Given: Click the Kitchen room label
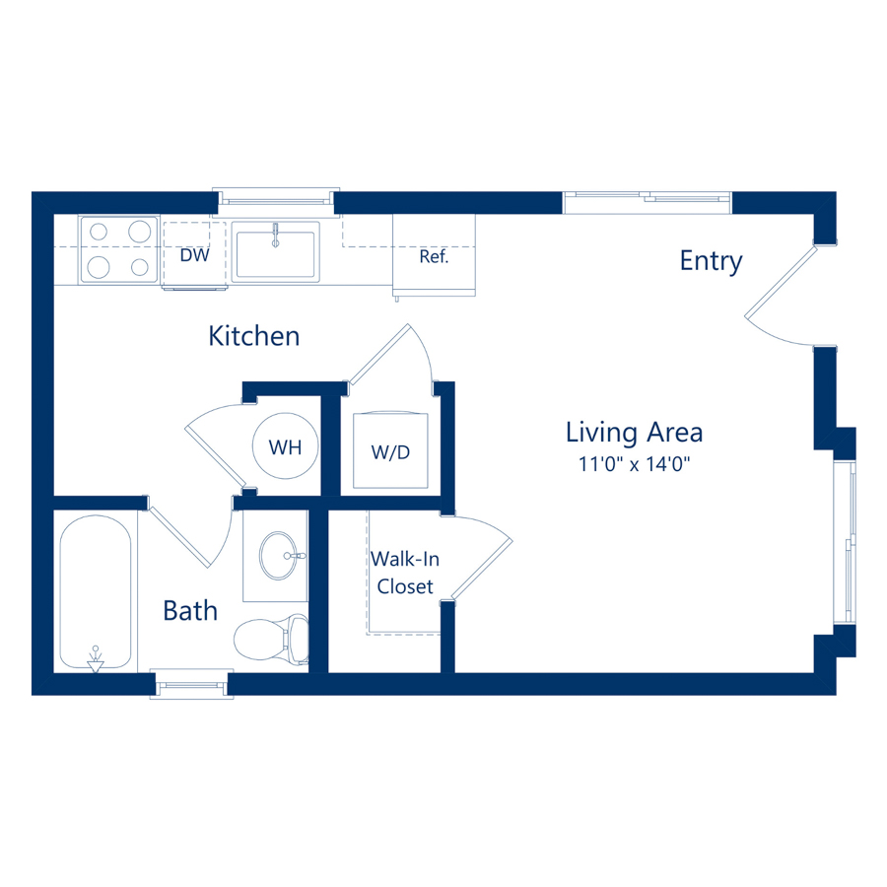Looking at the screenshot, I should click(x=253, y=336).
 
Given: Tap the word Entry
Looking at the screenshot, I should click(x=711, y=261).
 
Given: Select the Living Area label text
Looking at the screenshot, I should click(x=634, y=432).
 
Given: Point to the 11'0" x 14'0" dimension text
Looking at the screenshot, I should click(x=634, y=464).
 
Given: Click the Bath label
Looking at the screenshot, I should click(x=190, y=611).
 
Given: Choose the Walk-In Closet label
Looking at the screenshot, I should click(x=405, y=573).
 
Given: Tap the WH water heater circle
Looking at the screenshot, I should click(x=286, y=446).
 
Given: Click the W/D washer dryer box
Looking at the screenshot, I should click(x=389, y=451).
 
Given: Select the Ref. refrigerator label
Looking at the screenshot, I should click(x=434, y=257).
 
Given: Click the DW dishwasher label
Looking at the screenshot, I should click(x=195, y=255).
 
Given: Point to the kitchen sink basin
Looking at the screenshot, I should click(x=276, y=250).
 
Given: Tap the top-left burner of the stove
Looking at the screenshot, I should click(x=99, y=233).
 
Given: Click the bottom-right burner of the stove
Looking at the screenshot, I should click(x=138, y=266).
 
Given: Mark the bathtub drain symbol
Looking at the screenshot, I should click(x=96, y=660).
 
